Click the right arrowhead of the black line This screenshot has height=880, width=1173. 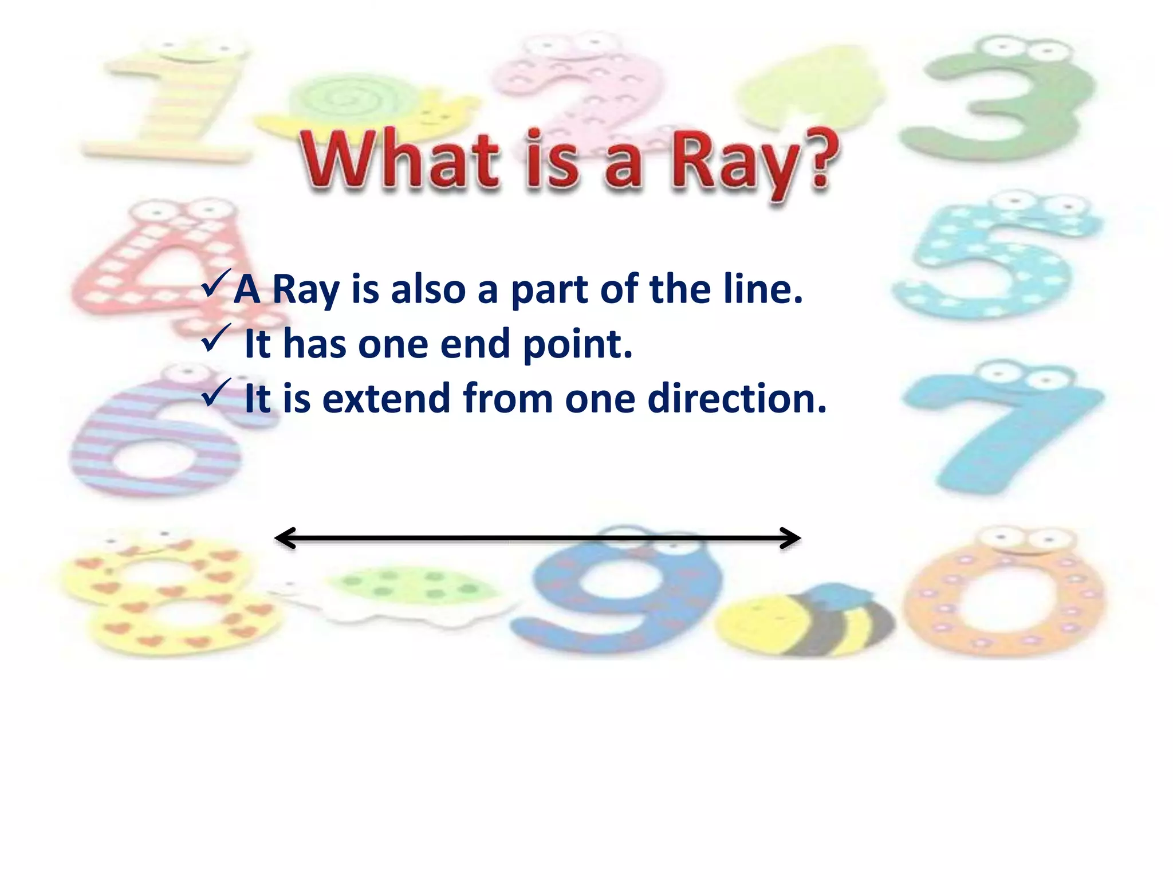792,538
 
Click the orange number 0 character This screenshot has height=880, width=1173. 1005,596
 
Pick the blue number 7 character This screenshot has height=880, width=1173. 997,430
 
